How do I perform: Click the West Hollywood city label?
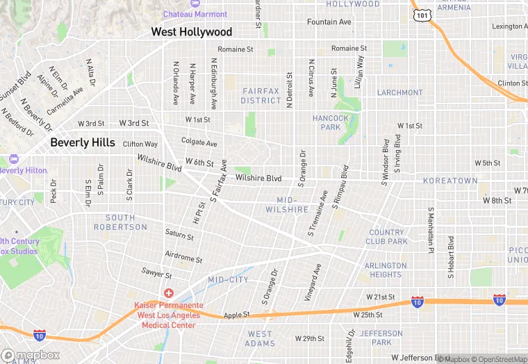click(192, 32)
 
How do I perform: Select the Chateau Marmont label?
click(195, 14)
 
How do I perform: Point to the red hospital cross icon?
click(169, 294)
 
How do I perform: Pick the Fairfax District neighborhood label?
click(261, 96)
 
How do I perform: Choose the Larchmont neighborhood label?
click(399, 92)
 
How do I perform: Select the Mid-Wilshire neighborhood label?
click(287, 204)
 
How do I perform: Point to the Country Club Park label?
click(387, 237)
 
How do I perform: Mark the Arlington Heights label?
click(386, 270)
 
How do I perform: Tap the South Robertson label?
click(121, 222)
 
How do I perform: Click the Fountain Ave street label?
click(329, 22)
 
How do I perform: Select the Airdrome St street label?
click(183, 258)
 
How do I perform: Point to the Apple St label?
click(236, 315)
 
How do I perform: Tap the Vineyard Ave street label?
click(311, 281)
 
